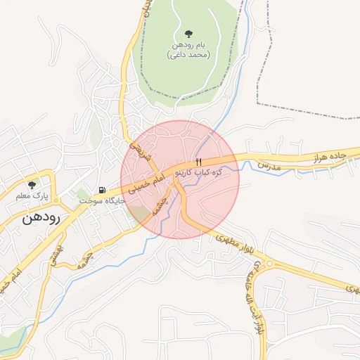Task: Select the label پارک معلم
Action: click(x=32, y=196)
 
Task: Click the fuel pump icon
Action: click(x=103, y=190)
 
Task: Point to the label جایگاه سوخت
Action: click(x=102, y=201)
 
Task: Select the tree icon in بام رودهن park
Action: click(x=188, y=34)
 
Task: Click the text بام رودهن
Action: click(x=188, y=45)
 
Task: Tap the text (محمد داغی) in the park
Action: click(x=188, y=55)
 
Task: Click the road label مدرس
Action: click(x=268, y=166)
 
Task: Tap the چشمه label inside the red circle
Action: click(x=162, y=204)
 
